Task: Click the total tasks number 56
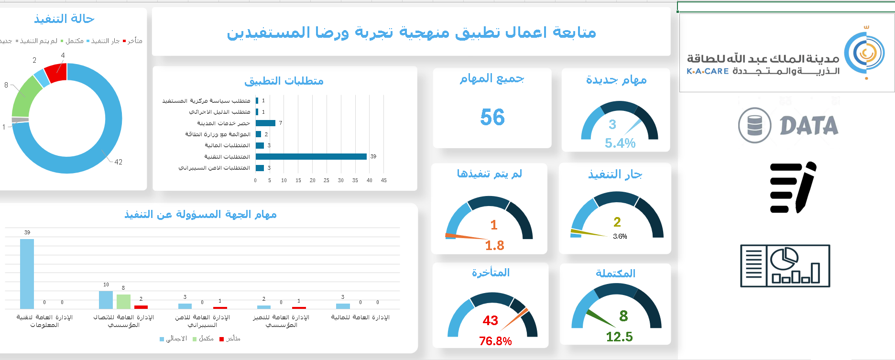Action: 492,117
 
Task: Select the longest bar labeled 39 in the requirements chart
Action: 311,156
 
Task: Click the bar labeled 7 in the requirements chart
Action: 265,123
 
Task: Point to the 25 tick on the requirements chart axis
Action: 327,180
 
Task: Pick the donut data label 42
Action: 118,162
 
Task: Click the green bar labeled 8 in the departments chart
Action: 123,301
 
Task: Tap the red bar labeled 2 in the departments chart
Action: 141,307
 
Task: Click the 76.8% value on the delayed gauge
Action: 495,341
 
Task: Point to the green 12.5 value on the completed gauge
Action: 619,337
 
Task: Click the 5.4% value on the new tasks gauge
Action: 620,143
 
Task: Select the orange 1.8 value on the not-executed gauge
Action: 494,245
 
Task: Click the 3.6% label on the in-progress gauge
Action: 620,236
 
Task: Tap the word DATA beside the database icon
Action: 809,126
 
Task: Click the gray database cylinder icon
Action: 754,125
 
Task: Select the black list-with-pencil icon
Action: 793,187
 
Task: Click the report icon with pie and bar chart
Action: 785,266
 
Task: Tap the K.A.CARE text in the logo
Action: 708,71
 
